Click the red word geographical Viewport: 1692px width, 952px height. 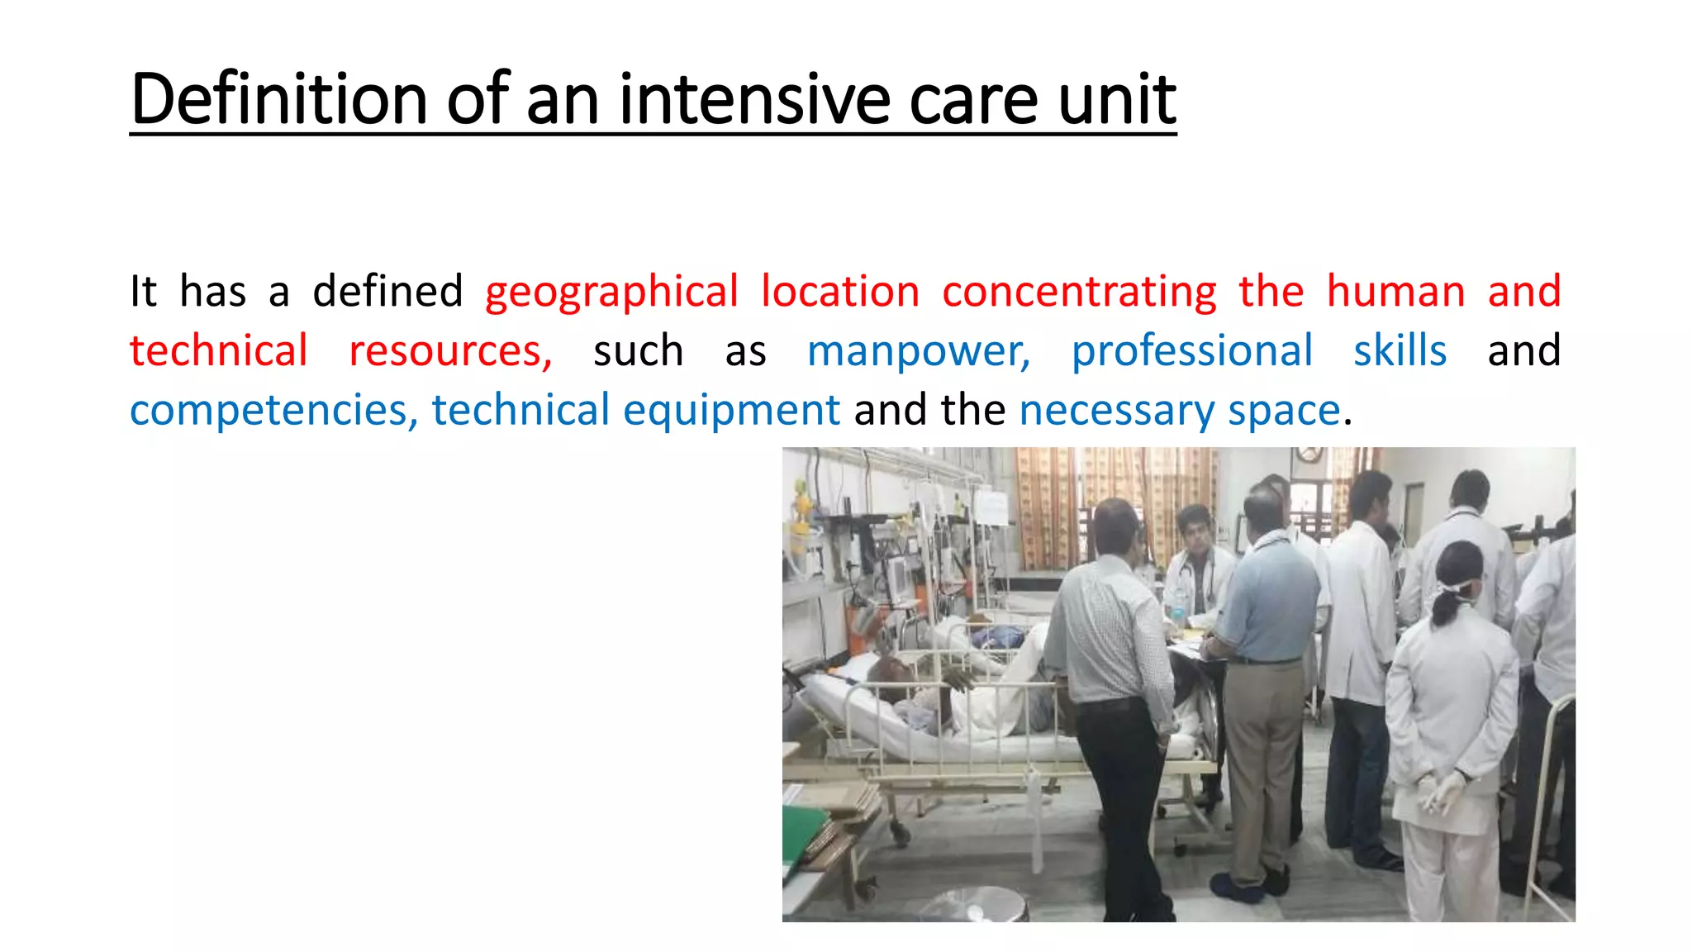[x=611, y=293]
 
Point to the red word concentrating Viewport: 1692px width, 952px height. [x=1079, y=293]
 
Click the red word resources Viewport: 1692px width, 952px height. [x=450, y=352]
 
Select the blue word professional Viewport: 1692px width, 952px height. [x=1191, y=352]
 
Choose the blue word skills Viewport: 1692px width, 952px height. [x=1400, y=350]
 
